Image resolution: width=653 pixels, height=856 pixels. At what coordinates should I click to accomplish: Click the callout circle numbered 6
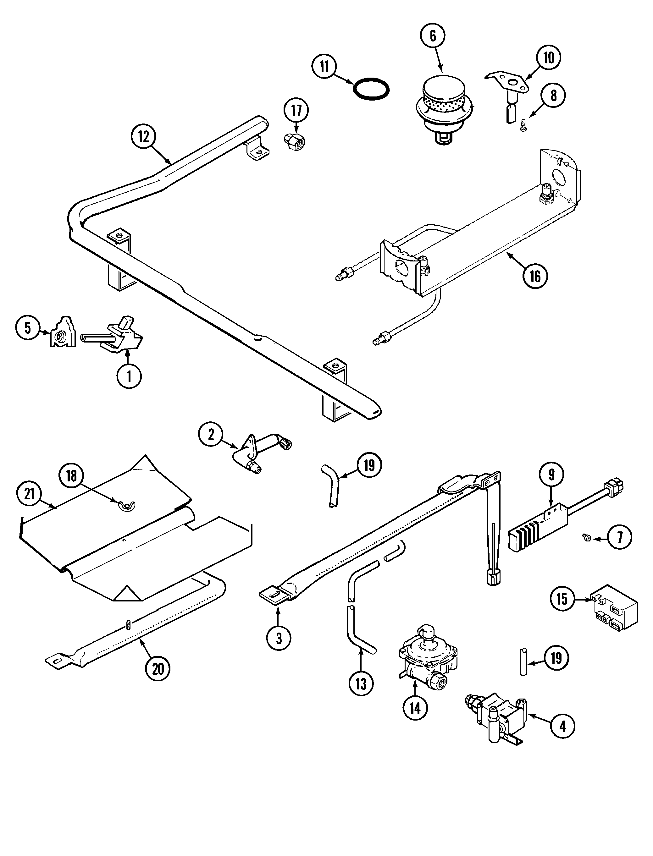[433, 36]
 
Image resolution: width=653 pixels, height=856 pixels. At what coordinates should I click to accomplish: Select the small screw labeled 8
[523, 125]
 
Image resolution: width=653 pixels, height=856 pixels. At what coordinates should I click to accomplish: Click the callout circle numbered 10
[548, 58]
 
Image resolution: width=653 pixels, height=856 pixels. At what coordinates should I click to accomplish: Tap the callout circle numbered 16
[535, 276]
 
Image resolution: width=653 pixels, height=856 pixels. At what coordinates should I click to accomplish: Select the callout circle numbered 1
[129, 376]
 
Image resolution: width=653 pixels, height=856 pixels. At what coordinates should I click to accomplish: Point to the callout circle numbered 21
[29, 494]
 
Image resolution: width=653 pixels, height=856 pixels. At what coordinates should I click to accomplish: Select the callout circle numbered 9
[551, 473]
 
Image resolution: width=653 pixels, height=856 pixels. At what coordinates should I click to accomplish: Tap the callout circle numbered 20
[158, 669]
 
